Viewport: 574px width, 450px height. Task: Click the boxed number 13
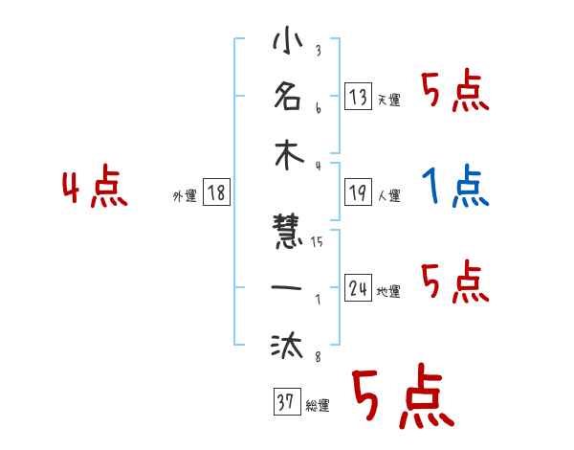pos(359,96)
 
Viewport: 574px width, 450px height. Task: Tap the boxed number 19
pos(359,192)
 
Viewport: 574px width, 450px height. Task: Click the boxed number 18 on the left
pos(216,192)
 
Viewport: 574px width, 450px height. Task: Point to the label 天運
pos(388,100)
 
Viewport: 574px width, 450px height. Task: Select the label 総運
pos(318,406)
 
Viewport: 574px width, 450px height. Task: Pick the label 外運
pos(185,196)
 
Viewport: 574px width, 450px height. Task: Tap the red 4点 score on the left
pos(96,188)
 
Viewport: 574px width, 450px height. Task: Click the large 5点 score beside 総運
pos(402,397)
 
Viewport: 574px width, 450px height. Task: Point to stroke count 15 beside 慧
pos(317,242)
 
